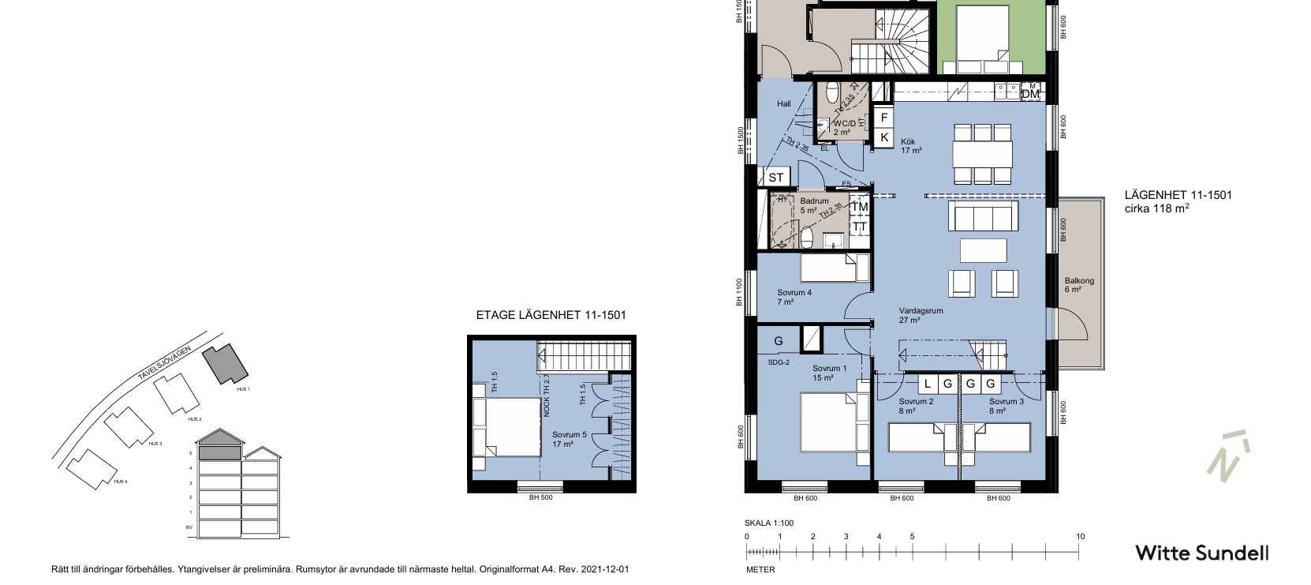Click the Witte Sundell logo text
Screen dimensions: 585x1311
click(x=1201, y=553)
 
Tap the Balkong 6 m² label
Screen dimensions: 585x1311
click(x=1079, y=285)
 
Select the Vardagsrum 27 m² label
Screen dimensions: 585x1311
click(x=921, y=315)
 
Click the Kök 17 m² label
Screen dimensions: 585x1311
click(x=911, y=146)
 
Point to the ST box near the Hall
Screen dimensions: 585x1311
click(x=776, y=178)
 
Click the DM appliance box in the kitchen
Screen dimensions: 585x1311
click(x=1030, y=94)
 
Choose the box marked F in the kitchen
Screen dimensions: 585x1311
click(x=884, y=118)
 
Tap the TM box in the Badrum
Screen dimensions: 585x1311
click(x=859, y=207)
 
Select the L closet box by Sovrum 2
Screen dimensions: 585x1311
click(x=928, y=384)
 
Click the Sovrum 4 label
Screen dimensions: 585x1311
click(x=794, y=297)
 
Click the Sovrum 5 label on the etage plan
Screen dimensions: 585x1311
click(x=569, y=439)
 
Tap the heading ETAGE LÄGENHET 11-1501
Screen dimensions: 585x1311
click(x=551, y=315)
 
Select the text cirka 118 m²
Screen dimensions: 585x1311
click(x=1156, y=209)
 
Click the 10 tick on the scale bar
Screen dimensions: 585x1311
click(x=1080, y=537)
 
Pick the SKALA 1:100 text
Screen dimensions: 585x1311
click(x=768, y=523)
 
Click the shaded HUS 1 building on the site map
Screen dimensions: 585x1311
click(x=226, y=364)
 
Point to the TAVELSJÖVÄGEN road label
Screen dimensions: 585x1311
click(x=165, y=365)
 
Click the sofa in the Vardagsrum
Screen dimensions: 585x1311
click(x=982, y=215)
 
